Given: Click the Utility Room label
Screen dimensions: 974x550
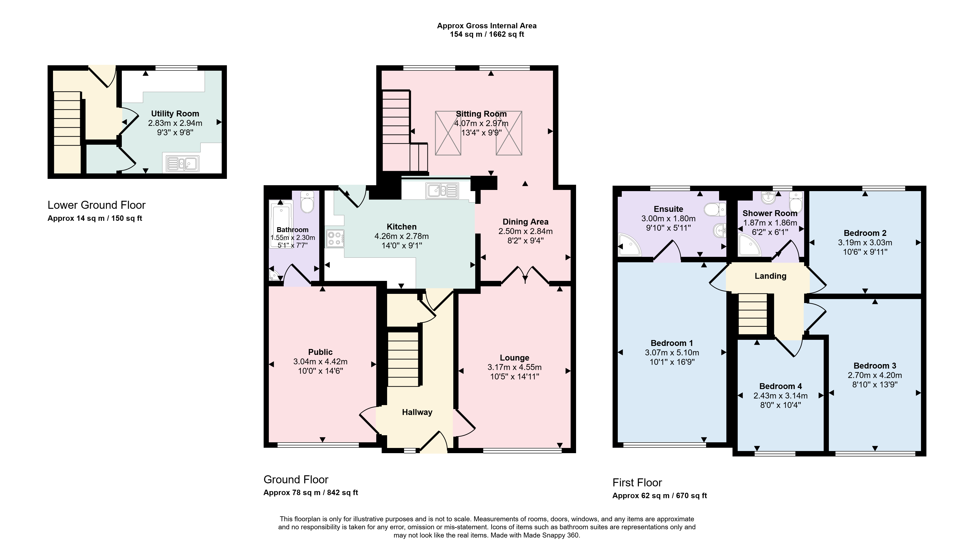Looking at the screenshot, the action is [175, 114].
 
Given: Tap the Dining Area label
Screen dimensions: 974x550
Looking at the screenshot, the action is [526, 222].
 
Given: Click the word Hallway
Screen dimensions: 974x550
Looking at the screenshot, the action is [417, 412].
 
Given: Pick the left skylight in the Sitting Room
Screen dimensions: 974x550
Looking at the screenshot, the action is [448, 133].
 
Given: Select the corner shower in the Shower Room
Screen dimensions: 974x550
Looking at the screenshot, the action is [750, 246].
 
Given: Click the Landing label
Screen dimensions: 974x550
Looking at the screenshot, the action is [771, 276].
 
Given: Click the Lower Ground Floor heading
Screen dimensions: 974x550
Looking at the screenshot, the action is [96, 205].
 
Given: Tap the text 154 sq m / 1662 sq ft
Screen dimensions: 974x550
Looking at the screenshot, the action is [487, 34].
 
